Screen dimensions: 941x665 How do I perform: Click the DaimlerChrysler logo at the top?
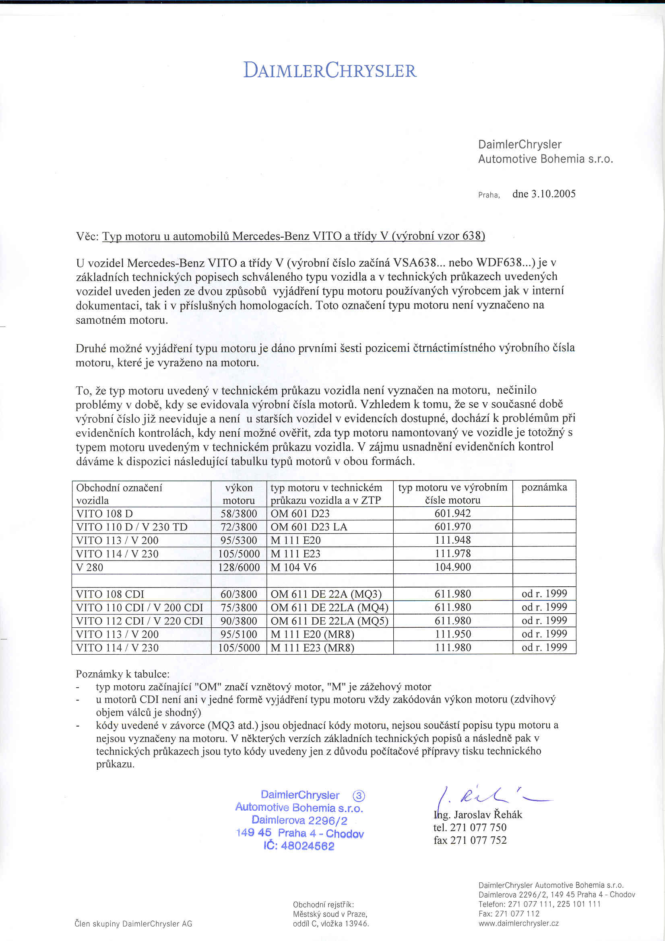[330, 70]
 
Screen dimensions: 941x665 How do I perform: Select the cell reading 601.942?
[452, 514]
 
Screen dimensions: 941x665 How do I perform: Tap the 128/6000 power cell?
[239, 567]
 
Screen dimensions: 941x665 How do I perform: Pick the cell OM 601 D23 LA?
[309, 527]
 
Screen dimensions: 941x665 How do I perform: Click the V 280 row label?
[90, 568]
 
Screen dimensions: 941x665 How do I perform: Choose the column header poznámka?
[544, 487]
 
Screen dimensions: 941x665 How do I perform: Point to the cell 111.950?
[452, 635]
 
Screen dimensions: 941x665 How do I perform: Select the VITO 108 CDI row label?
[110, 594]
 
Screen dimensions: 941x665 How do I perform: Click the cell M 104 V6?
[293, 568]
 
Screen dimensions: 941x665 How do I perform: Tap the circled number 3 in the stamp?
[359, 796]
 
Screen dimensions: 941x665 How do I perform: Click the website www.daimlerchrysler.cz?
[518, 923]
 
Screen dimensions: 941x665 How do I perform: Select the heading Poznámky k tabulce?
[122, 674]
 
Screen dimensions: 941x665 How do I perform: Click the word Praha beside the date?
[489, 195]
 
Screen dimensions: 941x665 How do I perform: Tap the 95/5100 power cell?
[239, 635]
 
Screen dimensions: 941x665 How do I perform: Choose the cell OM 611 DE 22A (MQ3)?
[326, 594]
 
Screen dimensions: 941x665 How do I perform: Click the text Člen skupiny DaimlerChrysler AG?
[133, 924]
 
